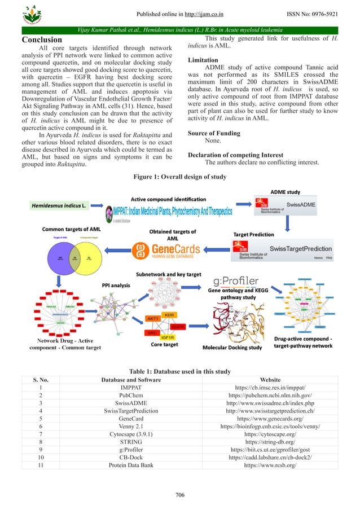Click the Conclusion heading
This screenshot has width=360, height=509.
tap(41, 40)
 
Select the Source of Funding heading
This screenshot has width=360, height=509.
tap(214, 134)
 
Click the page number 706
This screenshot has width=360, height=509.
tap(180, 495)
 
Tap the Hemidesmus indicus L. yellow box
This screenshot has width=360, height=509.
tap(59, 206)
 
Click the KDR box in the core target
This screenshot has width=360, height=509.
tap(168, 314)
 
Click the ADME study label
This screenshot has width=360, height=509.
tap(286, 192)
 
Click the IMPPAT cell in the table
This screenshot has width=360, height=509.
tap(131, 388)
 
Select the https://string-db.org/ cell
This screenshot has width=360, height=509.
tap(269, 444)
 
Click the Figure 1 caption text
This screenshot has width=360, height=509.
tap(179, 177)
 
